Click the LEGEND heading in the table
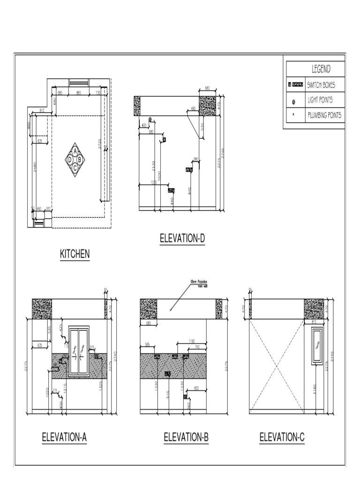(321, 69)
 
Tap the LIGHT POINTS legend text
(322, 100)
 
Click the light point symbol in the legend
(294, 101)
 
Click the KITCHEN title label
(75, 254)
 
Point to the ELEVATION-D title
(182, 239)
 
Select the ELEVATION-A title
(64, 437)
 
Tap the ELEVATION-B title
(186, 437)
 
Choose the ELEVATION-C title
(282, 437)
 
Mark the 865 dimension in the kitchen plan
(79, 93)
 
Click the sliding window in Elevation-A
(79, 351)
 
